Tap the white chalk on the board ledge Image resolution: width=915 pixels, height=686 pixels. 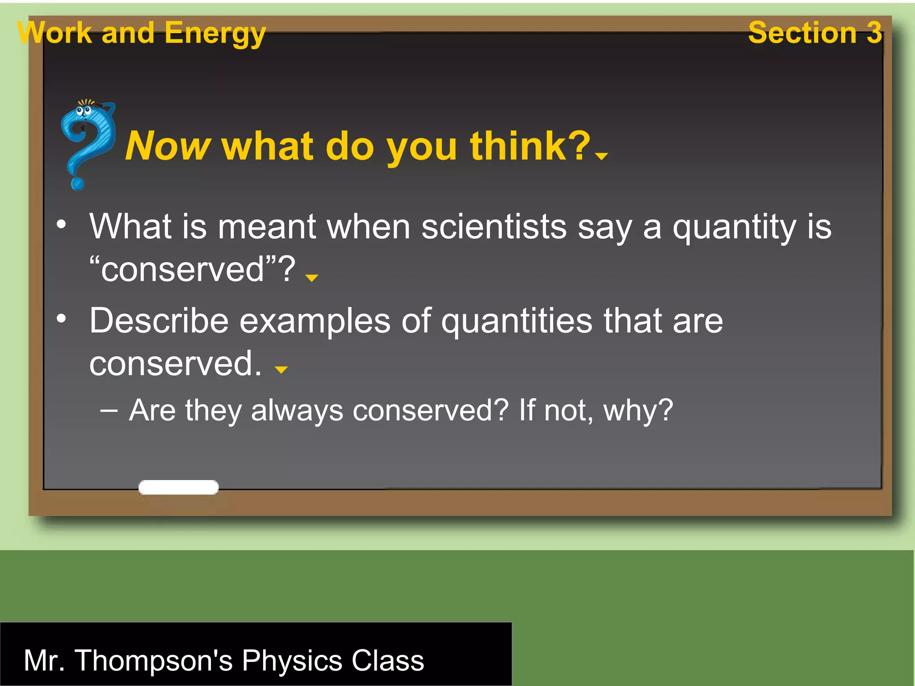(x=178, y=487)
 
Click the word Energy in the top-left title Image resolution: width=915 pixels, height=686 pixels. (x=215, y=33)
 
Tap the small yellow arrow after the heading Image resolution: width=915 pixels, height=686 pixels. (x=602, y=156)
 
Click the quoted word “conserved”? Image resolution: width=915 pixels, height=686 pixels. (x=192, y=269)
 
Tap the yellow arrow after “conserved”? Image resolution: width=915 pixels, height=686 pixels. (x=311, y=278)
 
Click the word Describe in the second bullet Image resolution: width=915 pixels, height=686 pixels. (x=159, y=321)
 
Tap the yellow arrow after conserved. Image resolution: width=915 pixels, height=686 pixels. (x=281, y=369)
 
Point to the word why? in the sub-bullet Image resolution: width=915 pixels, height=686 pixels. (x=638, y=410)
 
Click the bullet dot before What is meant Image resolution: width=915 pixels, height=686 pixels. (x=61, y=224)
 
